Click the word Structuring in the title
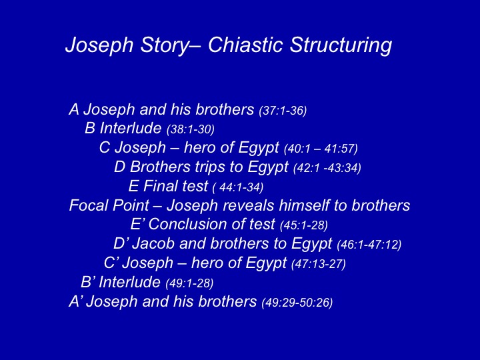click(341, 46)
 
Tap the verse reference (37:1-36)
click(283, 111)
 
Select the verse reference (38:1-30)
click(191, 130)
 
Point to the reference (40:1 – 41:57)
click(321, 149)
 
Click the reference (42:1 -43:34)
click(327, 168)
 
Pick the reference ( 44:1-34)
click(238, 187)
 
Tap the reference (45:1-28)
click(304, 225)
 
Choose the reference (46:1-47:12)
click(369, 245)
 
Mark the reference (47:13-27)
click(319, 264)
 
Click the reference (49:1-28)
click(189, 283)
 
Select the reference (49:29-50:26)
click(297, 303)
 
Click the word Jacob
click(153, 244)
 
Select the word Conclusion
click(187, 225)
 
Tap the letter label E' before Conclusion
click(137, 225)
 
